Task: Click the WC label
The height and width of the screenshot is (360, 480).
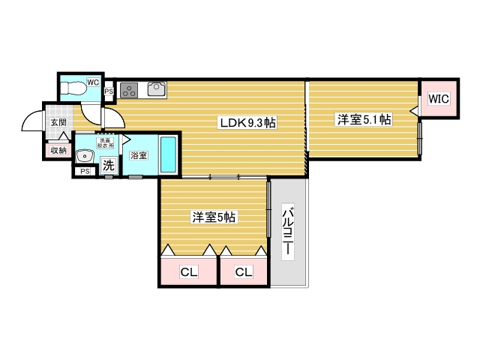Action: coord(93,82)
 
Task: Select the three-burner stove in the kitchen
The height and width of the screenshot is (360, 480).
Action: coord(128,90)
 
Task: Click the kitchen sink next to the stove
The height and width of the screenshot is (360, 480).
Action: coord(157,90)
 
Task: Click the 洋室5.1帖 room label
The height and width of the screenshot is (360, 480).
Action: coord(363,118)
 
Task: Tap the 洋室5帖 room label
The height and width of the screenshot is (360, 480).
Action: coord(214,217)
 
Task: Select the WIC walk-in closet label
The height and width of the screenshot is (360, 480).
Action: coord(439,98)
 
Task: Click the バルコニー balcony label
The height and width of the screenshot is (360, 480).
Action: coord(287,232)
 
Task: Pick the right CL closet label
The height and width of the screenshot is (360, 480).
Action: coord(243,272)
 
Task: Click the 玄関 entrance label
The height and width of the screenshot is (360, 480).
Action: coord(58,121)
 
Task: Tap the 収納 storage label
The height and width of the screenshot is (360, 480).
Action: coord(58,151)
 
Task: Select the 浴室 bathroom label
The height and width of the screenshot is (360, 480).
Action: coord(138,156)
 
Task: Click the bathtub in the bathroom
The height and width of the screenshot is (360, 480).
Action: coord(169,155)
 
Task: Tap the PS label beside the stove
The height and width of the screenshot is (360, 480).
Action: coord(108,92)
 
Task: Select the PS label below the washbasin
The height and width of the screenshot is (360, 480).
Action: coord(83,172)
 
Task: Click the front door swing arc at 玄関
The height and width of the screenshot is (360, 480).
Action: coord(31,120)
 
